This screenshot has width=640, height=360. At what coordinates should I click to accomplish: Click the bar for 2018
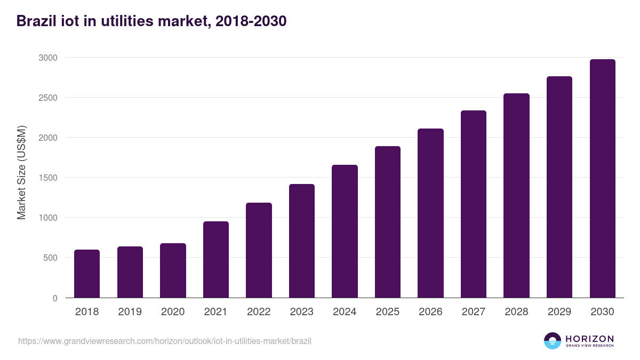pos(87,274)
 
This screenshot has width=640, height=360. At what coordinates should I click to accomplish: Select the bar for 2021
pos(216,260)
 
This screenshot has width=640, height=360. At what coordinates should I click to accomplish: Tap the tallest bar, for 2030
pos(603,179)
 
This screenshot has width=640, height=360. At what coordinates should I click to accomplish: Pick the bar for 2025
pos(388,222)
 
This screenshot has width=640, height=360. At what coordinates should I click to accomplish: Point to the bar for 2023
pos(302,241)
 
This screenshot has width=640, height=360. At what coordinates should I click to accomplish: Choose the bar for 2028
pos(516,196)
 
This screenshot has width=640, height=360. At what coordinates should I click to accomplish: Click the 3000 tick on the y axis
pos(47,58)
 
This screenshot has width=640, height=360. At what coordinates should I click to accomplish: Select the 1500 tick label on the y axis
pos(47,178)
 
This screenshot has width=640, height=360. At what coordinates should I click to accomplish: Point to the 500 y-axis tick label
pos(50,258)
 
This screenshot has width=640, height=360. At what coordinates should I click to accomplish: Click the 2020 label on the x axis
pos(173,312)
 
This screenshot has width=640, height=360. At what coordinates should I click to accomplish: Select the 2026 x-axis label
pos(430,312)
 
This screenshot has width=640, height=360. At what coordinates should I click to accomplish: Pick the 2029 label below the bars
pos(559,312)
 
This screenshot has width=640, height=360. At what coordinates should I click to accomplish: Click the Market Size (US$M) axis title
pos(21,172)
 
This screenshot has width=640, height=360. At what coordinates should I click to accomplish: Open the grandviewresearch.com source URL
pos(165,341)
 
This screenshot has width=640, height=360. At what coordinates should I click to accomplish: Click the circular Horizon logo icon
pos(553,341)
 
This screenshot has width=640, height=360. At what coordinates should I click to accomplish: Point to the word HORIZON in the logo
pos(590,339)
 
